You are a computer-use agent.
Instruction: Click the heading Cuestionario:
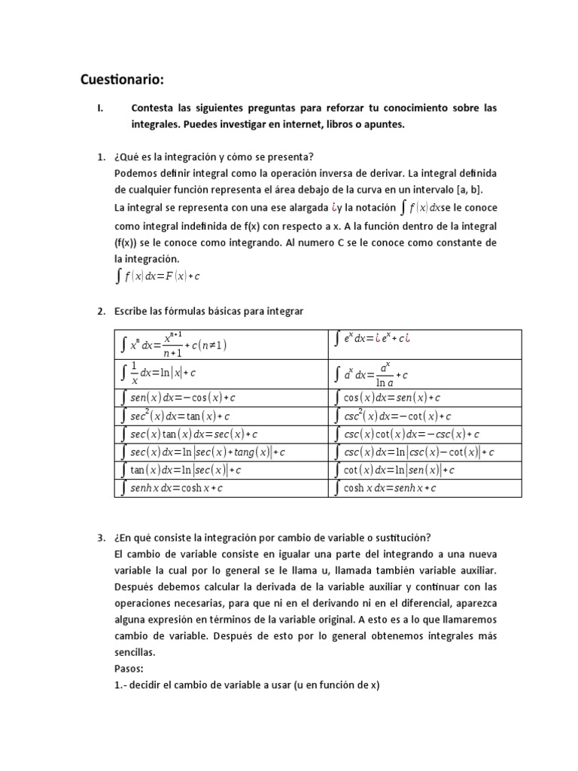pos(122,80)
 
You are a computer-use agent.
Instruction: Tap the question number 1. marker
pos(101,157)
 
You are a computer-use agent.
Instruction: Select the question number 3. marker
pos(101,538)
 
